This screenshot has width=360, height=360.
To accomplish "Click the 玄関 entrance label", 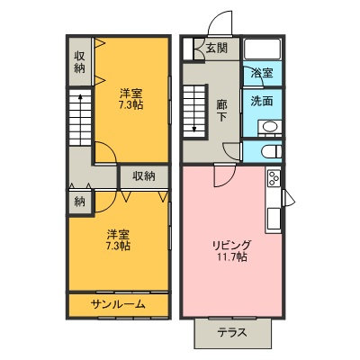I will pos(216,49).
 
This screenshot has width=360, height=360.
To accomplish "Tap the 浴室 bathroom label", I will pos(262,72).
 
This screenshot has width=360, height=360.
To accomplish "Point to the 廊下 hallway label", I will pos(221,111).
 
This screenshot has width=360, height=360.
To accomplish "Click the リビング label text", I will pos(231,245).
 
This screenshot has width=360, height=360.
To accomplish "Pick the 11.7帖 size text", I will pos(231,258).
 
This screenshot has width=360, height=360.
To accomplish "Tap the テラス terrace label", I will pos(232,332).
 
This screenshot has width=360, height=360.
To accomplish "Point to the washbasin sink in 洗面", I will pos(274,127).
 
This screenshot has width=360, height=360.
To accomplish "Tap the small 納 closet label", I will pos(80,201).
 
